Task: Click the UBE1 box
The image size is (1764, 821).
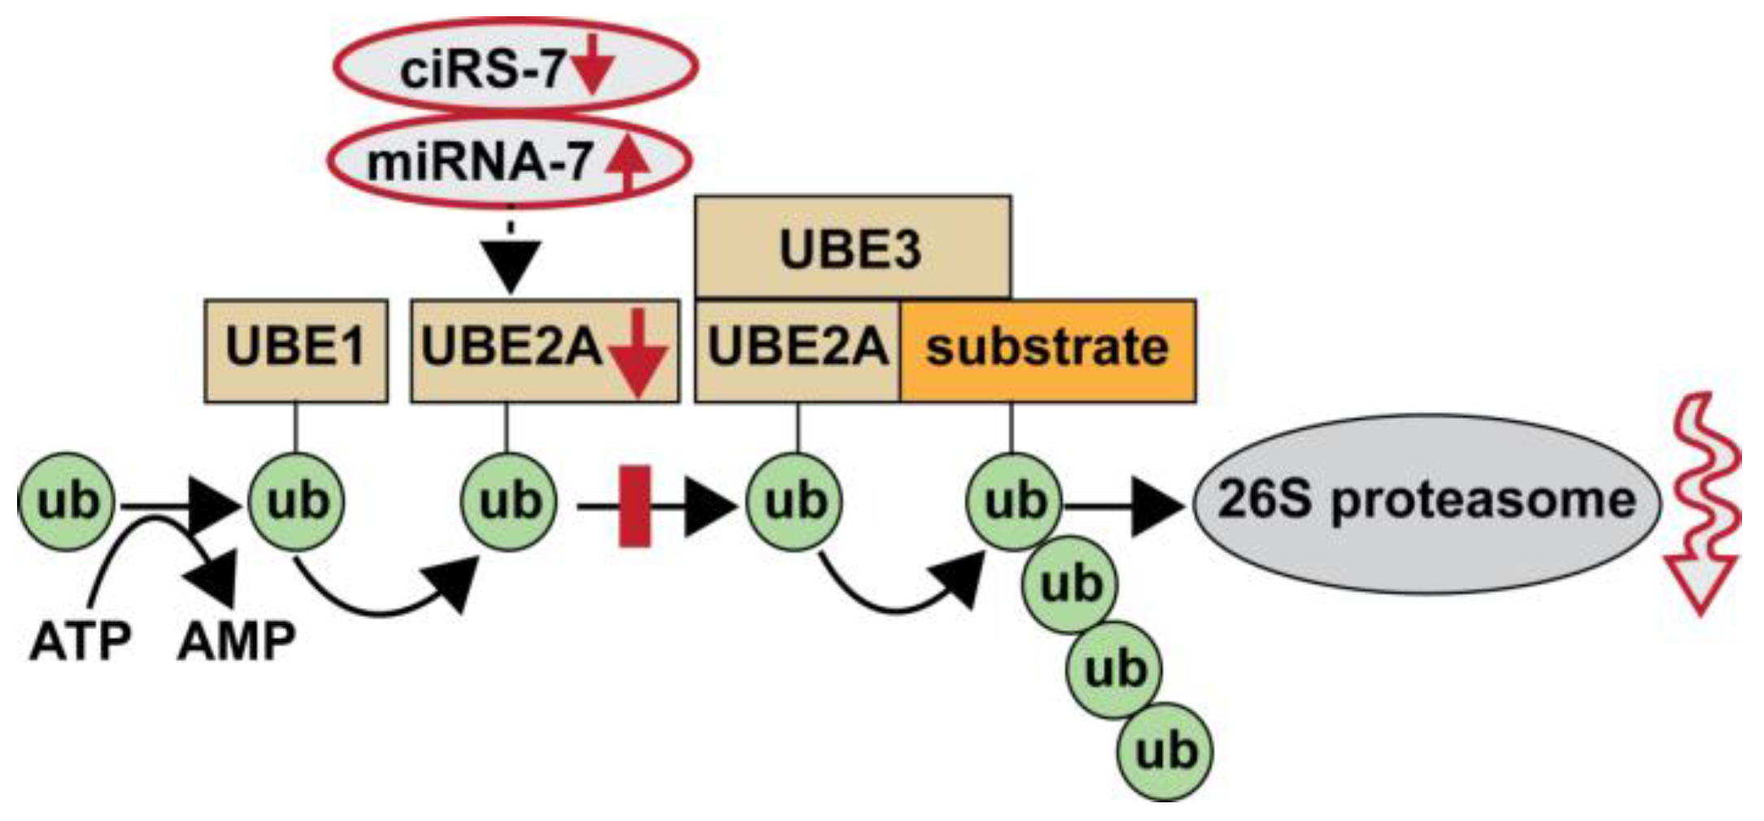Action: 295,350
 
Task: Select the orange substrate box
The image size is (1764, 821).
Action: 1048,350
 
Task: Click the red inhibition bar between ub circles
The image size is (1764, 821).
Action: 634,506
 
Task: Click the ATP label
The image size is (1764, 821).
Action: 79,642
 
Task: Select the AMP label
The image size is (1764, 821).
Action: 236,642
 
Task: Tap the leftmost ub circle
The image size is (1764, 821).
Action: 67,502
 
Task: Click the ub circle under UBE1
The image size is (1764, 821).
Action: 297,502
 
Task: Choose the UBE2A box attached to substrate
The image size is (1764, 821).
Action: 797,350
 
